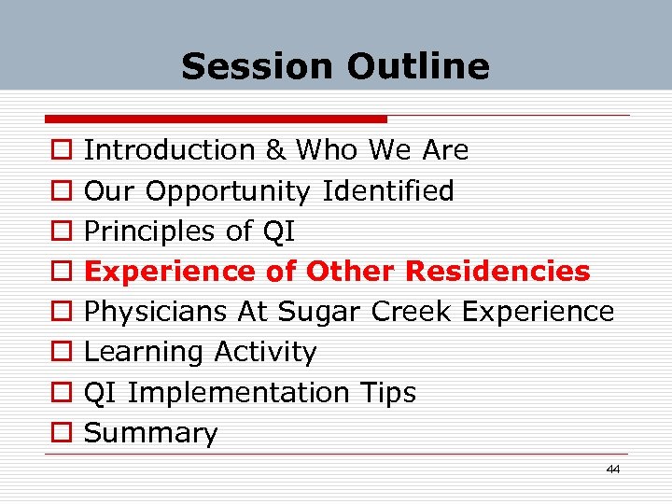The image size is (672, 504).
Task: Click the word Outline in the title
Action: pyautogui.click(x=417, y=66)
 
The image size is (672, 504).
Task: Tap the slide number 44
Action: pyautogui.click(x=612, y=469)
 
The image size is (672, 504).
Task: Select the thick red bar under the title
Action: pyautogui.click(x=216, y=119)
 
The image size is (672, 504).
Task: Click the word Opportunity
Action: pyautogui.click(x=228, y=191)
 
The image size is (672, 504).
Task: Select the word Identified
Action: pyautogui.click(x=387, y=191)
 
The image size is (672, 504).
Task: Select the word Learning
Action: pyautogui.click(x=145, y=352)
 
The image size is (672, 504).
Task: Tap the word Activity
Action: pyautogui.click(x=265, y=353)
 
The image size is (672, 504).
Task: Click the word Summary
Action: pyautogui.click(x=150, y=433)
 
